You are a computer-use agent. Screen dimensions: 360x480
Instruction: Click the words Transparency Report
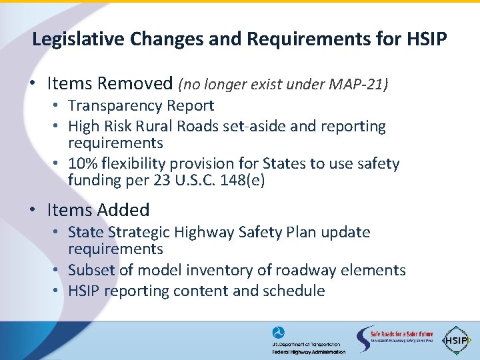pyautogui.click(x=141, y=105)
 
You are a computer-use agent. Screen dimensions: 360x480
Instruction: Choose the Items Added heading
pyautogui.click(x=98, y=210)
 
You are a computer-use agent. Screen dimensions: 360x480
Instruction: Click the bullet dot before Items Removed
pyautogui.click(x=32, y=84)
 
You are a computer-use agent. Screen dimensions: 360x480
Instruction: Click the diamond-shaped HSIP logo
pyautogui.click(x=457, y=339)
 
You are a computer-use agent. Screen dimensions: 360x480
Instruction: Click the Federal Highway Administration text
pyautogui.click(x=309, y=352)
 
